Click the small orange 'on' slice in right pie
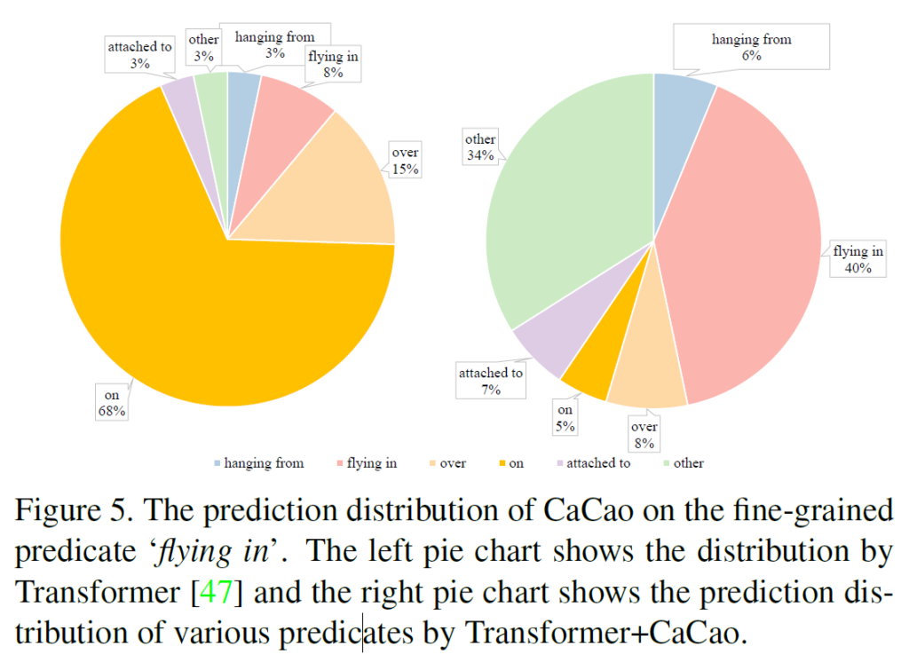[x=590, y=377]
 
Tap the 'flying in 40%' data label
[x=858, y=259]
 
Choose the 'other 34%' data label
[x=480, y=147]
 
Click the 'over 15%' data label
[x=405, y=160]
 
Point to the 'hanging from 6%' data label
[x=751, y=47]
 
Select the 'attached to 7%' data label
[x=491, y=381]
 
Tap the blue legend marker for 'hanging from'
[x=217, y=463]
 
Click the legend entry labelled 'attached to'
[x=597, y=463]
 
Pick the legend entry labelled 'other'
[x=688, y=463]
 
